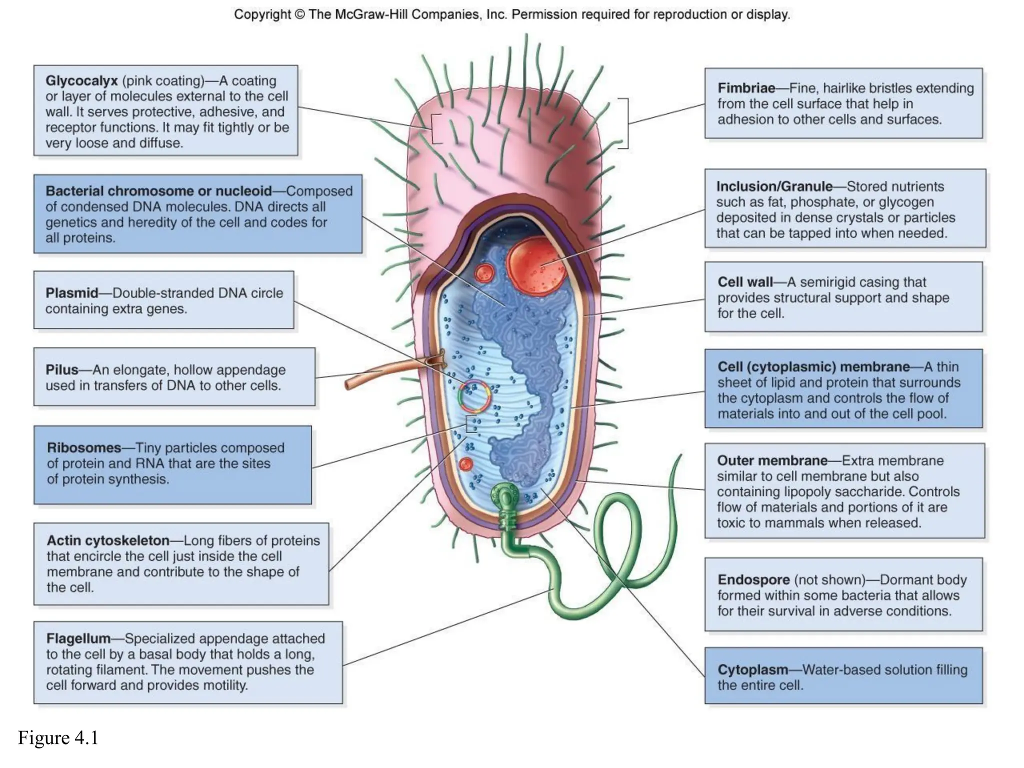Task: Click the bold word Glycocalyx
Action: pyautogui.click(x=81, y=81)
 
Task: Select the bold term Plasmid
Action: pyautogui.click(x=71, y=293)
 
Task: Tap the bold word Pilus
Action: pyautogui.click(x=62, y=370)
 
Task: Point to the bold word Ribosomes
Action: pyautogui.click(x=84, y=447)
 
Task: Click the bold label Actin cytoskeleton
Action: pyautogui.click(x=108, y=540)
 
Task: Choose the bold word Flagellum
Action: pyautogui.click(x=78, y=638)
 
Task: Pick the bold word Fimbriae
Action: pyautogui.click(x=746, y=88)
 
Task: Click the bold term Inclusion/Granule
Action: pyautogui.click(x=774, y=186)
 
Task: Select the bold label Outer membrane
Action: pyautogui.click(x=772, y=460)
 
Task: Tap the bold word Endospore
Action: pyautogui.click(x=753, y=580)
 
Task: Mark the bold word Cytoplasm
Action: pyautogui.click(x=752, y=670)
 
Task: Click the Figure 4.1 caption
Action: pyautogui.click(x=58, y=738)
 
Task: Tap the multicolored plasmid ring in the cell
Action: pyautogui.click(x=474, y=396)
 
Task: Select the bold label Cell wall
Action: pyautogui.click(x=745, y=282)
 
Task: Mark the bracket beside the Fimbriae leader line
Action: pyautogui.click(x=623, y=123)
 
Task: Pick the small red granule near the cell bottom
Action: pyautogui.click(x=465, y=464)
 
